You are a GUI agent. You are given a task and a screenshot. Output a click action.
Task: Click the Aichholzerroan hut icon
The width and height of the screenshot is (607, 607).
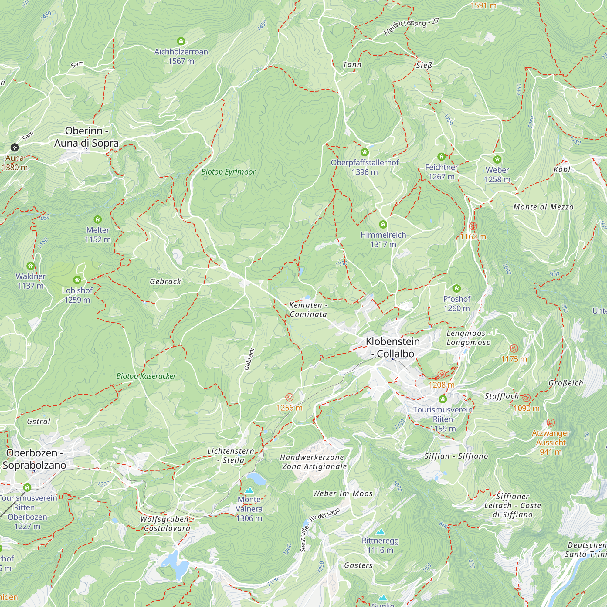click(x=181, y=41)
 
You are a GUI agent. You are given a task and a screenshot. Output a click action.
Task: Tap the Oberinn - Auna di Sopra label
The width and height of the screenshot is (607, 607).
click(x=86, y=137)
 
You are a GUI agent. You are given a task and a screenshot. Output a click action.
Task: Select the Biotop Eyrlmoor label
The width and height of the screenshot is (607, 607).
click(x=229, y=172)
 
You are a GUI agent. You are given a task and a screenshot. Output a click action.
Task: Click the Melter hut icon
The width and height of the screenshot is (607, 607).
click(x=98, y=219)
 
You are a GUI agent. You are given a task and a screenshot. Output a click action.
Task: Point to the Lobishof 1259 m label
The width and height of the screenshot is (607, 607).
click(x=77, y=295)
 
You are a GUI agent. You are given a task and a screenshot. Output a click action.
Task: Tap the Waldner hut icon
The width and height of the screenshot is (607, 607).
click(x=30, y=266)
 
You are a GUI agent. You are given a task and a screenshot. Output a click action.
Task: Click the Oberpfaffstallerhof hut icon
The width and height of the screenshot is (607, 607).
click(x=365, y=152)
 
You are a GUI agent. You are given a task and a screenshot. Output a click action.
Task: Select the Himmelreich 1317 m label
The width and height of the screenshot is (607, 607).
click(x=383, y=239)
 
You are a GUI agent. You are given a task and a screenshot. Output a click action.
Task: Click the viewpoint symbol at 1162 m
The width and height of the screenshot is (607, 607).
click(x=473, y=226)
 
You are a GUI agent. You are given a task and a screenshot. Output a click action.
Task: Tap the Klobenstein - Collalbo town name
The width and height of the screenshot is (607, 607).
click(x=393, y=348)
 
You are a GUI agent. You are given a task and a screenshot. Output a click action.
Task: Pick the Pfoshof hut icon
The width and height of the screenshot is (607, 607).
click(x=456, y=288)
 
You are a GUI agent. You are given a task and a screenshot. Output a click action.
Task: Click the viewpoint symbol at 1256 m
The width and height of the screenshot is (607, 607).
click(x=289, y=397)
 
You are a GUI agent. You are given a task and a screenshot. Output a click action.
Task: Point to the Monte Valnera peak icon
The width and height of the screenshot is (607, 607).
click(x=249, y=490)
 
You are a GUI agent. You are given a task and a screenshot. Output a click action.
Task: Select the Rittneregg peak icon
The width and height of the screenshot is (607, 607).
click(x=380, y=532)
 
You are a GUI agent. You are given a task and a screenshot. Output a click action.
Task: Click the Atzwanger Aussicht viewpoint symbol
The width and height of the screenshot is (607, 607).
click(x=551, y=422)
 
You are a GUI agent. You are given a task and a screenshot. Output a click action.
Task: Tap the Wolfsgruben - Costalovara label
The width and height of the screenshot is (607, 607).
click(x=166, y=524)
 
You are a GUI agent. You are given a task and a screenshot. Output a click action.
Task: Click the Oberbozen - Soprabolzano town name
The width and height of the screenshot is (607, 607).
click(x=35, y=459)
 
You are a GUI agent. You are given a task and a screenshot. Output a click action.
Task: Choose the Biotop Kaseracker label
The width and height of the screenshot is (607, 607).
click(x=146, y=376)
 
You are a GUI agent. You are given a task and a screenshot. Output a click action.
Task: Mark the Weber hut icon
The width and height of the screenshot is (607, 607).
click(x=497, y=160)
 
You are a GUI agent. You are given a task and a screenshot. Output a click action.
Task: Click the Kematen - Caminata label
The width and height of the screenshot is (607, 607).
click(x=308, y=310)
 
